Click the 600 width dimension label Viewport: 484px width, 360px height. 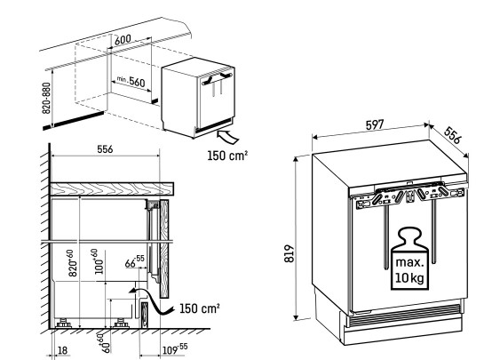point(123,40)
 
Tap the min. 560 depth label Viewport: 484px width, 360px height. point(131,81)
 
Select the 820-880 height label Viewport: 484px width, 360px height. point(46,98)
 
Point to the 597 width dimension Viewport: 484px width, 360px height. point(375,124)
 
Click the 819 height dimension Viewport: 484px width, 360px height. point(290,253)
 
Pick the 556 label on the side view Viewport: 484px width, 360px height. point(105,149)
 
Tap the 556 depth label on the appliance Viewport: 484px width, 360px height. point(452,135)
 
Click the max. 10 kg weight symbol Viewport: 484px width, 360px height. point(409,259)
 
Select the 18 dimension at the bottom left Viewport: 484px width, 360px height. point(62,350)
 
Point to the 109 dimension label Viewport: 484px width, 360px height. point(175,349)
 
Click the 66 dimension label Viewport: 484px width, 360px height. point(135,261)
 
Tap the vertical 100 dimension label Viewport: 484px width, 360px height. point(99,261)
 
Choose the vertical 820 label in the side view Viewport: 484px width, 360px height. point(72,263)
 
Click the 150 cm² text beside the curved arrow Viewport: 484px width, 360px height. point(200,308)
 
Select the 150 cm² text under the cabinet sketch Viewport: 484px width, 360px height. point(227,156)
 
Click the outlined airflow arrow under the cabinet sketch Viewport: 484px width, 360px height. point(228,137)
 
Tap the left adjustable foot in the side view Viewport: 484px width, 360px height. point(63,324)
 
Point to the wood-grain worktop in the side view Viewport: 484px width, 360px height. point(112,188)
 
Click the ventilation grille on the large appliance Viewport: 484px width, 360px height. point(404,315)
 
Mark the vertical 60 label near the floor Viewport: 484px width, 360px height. point(107,343)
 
